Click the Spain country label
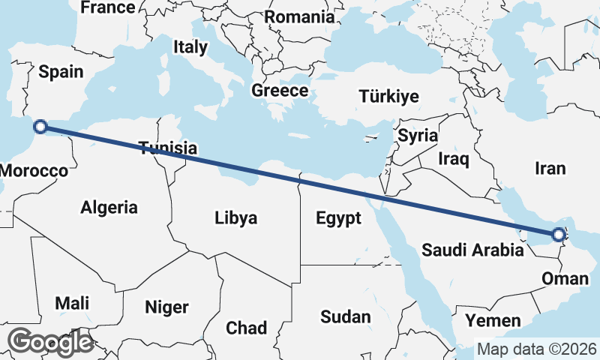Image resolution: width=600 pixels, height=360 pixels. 61,72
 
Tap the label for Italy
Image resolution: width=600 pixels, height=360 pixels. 190,47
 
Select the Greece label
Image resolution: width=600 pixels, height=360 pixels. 280,91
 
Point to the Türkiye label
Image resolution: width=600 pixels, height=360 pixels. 388,97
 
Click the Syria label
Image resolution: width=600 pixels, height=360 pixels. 418,136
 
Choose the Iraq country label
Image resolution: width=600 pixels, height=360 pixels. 454,159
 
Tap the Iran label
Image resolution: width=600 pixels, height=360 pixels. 550,169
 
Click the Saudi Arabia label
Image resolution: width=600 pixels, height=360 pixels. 472,250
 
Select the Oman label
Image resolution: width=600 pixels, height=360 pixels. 565,279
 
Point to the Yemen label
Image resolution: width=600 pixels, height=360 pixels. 493,321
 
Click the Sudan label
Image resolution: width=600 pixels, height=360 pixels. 346,316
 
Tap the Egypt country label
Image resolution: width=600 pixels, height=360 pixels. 339,218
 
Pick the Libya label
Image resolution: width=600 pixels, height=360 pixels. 236,218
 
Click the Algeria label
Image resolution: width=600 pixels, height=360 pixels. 109,207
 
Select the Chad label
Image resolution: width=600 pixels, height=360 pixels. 246,328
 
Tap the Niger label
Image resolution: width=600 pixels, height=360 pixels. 166,307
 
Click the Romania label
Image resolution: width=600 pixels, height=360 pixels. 299,16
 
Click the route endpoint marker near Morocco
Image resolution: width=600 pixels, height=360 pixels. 40,127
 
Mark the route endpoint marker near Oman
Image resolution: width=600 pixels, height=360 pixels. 558,235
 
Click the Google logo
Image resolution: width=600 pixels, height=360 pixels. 51,342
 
